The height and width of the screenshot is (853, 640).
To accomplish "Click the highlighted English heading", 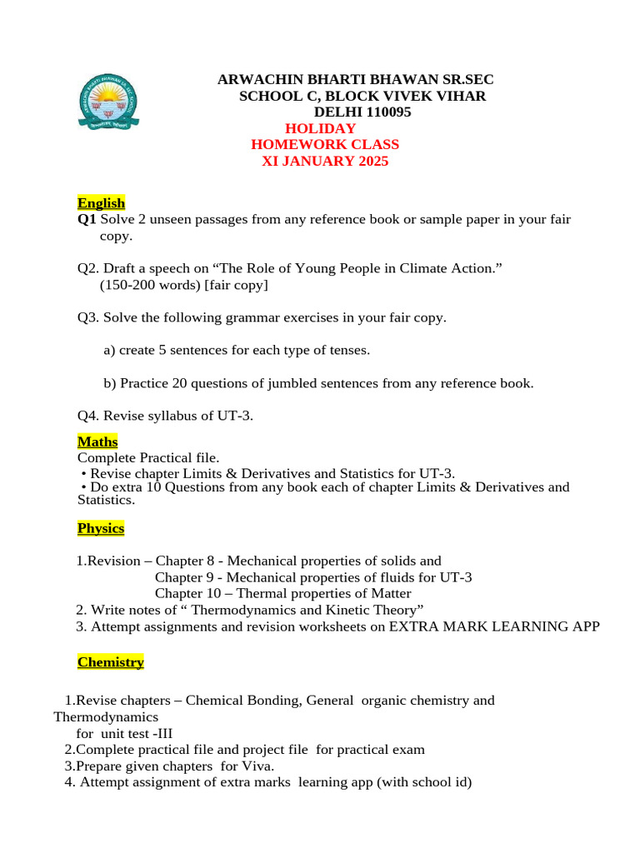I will (101, 202).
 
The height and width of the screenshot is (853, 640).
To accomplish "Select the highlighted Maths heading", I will (97, 441).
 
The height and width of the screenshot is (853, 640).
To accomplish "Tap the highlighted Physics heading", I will (101, 528).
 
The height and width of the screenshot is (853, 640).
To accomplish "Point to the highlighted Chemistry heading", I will (110, 662).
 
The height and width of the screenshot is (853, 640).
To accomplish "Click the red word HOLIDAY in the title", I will (320, 128).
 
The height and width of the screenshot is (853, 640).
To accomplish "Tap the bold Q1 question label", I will (87, 219).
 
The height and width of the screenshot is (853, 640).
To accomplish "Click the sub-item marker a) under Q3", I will (109, 350).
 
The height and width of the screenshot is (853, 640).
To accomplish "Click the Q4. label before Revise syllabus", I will (88, 416).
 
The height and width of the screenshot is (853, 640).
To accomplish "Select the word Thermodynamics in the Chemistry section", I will (106, 716).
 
